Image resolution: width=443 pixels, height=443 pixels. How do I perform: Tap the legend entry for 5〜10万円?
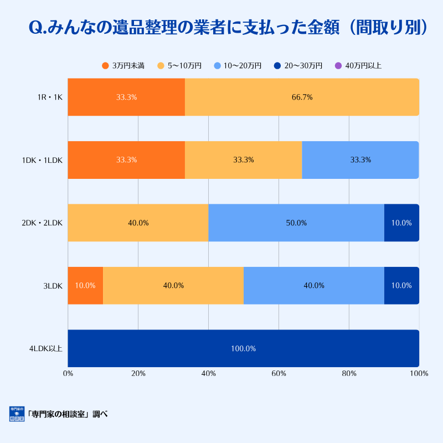click(179, 65)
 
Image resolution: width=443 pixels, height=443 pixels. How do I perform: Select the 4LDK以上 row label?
click(46, 348)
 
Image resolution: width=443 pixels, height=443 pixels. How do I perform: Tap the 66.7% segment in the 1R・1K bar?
click(302, 97)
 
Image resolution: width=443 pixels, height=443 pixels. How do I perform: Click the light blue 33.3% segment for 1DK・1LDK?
click(360, 160)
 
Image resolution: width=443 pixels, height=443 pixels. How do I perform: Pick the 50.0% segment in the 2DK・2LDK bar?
click(296, 223)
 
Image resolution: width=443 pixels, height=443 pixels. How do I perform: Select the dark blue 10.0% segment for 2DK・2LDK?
click(401, 223)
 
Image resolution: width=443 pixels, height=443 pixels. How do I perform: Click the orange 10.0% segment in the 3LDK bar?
click(85, 286)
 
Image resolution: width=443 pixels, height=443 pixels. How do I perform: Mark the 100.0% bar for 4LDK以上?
click(243, 348)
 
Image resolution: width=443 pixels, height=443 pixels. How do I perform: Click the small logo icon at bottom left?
click(17, 414)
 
